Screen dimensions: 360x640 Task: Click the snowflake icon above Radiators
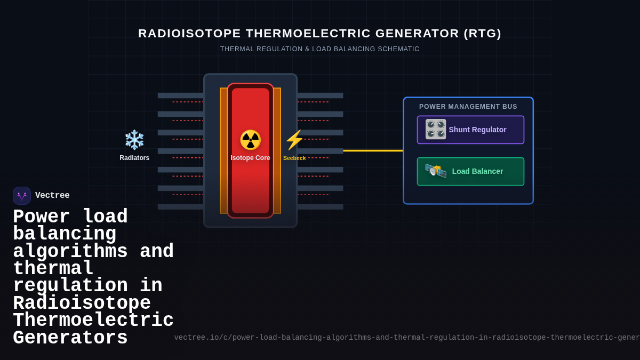tap(134, 140)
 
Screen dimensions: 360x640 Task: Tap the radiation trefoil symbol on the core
tap(250, 140)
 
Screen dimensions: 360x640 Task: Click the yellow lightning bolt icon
tap(294, 140)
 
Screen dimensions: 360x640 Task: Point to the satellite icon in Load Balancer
tap(436, 171)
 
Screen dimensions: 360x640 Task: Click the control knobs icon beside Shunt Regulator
tap(436, 129)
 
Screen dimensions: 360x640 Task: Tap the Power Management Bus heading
tap(468, 107)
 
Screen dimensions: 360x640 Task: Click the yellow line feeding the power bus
tap(373, 150)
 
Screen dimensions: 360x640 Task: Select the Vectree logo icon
tap(22, 196)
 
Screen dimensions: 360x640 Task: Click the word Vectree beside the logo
tap(52, 196)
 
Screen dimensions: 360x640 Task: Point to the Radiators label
tap(134, 158)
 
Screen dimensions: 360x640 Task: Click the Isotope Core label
tap(250, 158)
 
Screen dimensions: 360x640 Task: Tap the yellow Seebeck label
tap(294, 158)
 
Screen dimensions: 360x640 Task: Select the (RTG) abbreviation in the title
tap(483, 34)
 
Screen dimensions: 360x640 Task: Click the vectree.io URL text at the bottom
tap(405, 338)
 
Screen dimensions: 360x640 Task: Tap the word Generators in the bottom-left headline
tap(70, 338)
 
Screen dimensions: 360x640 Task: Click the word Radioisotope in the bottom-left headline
tap(82, 303)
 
